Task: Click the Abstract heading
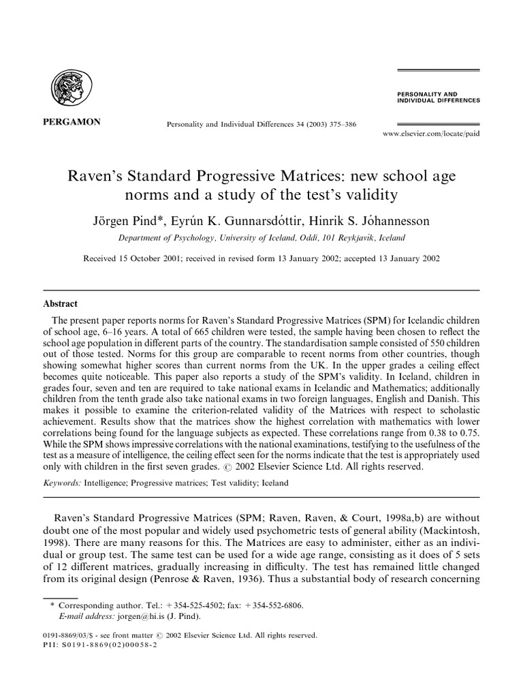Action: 61,304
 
